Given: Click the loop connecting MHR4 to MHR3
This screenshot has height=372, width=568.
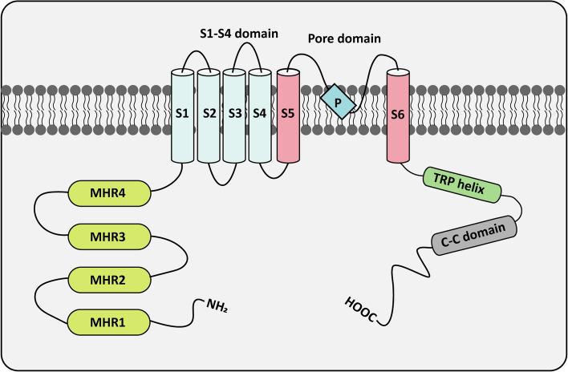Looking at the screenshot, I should [x=36, y=215].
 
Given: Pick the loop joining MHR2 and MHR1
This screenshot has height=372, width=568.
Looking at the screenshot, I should [x=36, y=301].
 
